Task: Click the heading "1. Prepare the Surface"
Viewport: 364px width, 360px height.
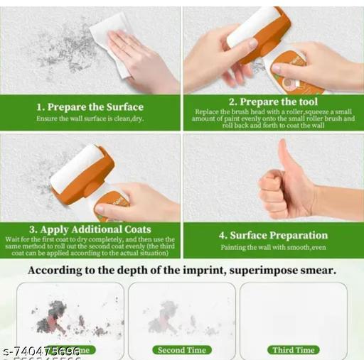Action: [90, 107]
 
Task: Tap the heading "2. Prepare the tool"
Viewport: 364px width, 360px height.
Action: [273, 102]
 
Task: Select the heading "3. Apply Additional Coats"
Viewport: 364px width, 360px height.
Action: [90, 229]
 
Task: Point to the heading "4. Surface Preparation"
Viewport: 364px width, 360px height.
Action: [273, 235]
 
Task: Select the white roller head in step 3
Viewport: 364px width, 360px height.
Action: [75, 168]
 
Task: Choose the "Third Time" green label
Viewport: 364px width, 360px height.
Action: [294, 349]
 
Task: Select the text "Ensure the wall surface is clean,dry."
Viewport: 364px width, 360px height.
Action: [90, 118]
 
